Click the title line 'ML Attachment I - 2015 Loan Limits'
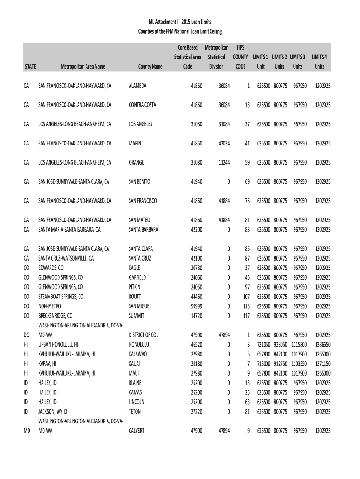[x=180, y=22]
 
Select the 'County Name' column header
[x=150, y=67]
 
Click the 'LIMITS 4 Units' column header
[x=319, y=61]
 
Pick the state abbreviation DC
[x=26, y=335]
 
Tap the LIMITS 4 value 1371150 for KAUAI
[x=322, y=363]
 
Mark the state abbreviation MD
[x=27, y=431]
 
